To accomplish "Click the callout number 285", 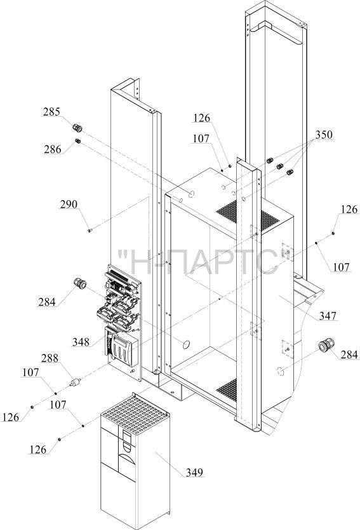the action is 51,112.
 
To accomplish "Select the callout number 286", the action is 53,149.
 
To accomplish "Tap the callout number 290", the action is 69,205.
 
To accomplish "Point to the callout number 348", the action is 81,342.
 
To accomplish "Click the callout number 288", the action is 50,358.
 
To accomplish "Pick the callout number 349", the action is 194,472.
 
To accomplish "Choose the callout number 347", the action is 328,316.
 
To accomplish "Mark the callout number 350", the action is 324,135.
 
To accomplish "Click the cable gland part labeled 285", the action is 77,128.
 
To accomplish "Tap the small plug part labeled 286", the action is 77,141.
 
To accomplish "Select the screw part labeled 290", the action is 90,231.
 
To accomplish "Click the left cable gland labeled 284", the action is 80,283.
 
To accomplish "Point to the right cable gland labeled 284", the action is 326,345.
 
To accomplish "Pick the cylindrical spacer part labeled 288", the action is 75,383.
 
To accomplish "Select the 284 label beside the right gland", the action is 349,355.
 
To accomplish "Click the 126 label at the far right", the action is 349,210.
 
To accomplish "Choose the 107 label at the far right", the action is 341,267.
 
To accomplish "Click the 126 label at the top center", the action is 202,118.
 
